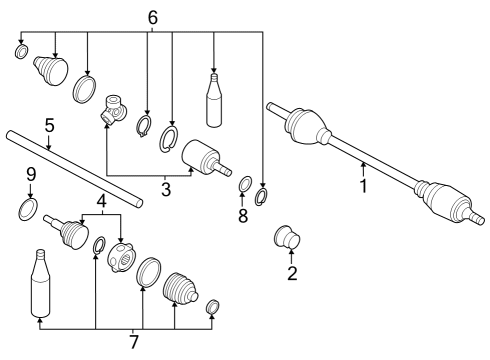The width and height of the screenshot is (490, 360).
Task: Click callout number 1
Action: (x=364, y=185)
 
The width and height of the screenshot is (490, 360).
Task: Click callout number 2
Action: (x=292, y=273)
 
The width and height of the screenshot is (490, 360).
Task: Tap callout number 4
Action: (x=101, y=203)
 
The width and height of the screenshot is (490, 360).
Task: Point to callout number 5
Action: (x=48, y=126)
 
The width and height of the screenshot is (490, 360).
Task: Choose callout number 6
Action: (x=152, y=18)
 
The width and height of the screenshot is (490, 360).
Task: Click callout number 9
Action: (x=31, y=174)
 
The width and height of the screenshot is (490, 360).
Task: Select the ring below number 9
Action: (x=29, y=208)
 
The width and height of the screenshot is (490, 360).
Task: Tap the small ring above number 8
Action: (x=242, y=184)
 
